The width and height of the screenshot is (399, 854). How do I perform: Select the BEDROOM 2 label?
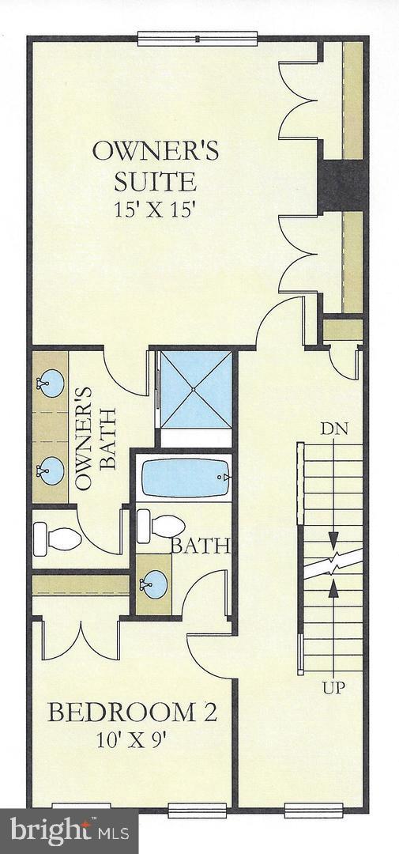coord(132,712)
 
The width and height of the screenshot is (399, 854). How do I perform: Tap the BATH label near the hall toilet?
coord(201,545)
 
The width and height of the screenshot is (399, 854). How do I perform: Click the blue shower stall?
coord(196,388)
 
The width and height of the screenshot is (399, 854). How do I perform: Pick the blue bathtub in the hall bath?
coord(186,478)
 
